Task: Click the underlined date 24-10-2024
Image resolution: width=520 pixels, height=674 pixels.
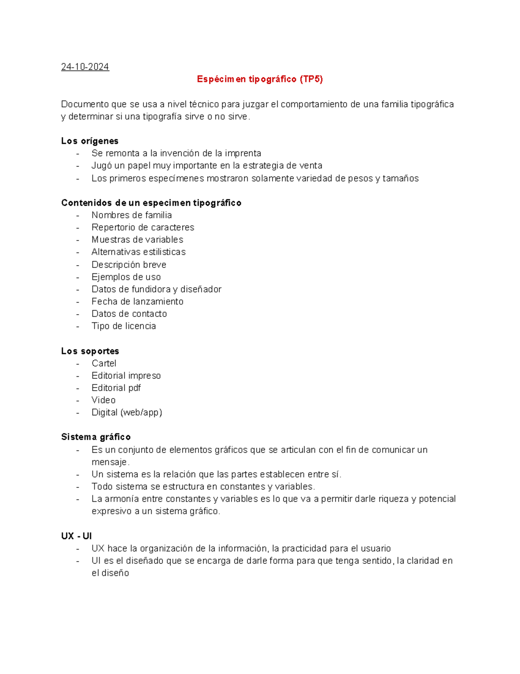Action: coord(85,67)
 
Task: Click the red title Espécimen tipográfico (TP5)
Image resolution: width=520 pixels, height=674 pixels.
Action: coord(260,79)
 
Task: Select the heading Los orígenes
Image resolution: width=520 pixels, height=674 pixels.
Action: coord(90,141)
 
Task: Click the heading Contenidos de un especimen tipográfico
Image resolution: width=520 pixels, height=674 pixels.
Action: coord(151,203)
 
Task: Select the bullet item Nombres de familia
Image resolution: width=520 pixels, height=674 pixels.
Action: coord(131,215)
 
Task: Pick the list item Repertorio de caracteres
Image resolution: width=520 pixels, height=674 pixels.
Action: coord(143,227)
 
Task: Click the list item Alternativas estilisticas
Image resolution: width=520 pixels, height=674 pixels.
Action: coord(138,252)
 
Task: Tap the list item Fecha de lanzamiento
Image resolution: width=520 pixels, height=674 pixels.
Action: coord(137,302)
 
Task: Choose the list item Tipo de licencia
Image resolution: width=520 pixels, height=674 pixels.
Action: coord(123,326)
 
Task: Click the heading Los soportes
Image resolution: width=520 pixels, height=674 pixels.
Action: coord(90,351)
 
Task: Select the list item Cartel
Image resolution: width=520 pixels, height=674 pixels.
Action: coord(104,363)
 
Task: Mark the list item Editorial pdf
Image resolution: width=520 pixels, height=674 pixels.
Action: coord(116,388)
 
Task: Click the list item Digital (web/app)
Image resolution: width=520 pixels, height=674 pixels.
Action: coord(127,412)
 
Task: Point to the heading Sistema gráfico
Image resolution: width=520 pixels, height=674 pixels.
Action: coord(96,437)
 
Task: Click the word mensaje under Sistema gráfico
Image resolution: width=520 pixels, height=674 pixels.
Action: coord(110,462)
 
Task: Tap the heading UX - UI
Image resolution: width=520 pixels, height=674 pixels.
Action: coord(76,536)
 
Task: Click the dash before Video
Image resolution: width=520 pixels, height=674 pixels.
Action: coord(78,400)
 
